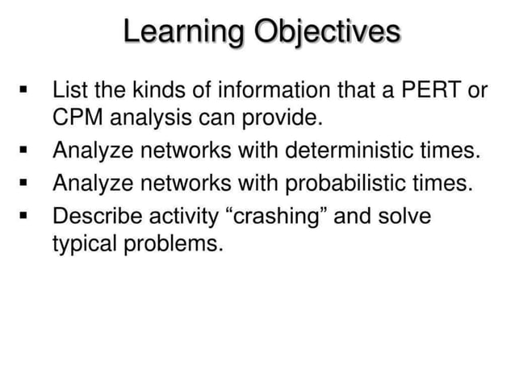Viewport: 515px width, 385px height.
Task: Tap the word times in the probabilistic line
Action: click(445, 184)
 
